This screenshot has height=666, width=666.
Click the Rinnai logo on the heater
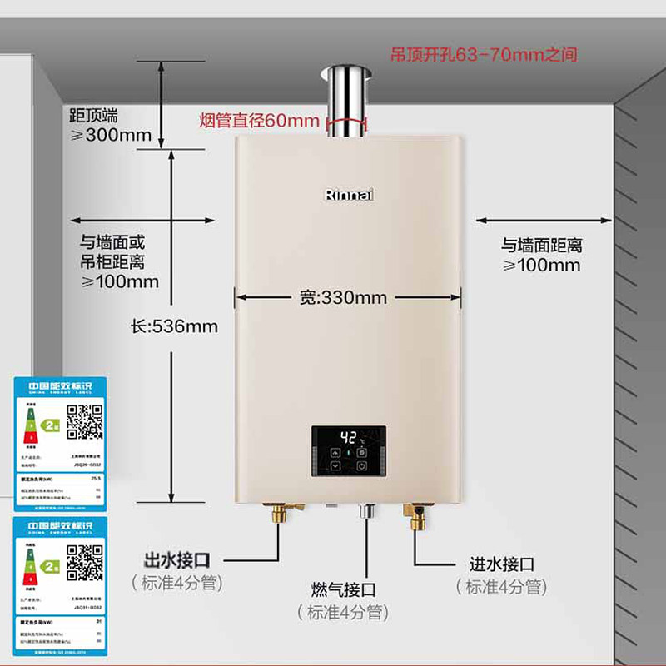click(x=348, y=194)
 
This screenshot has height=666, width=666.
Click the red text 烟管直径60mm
click(x=259, y=121)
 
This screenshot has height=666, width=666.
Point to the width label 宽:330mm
click(x=343, y=297)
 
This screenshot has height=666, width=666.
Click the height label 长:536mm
click(x=174, y=326)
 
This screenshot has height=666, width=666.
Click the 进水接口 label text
click(x=501, y=564)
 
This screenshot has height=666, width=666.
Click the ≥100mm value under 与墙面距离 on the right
click(x=541, y=266)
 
